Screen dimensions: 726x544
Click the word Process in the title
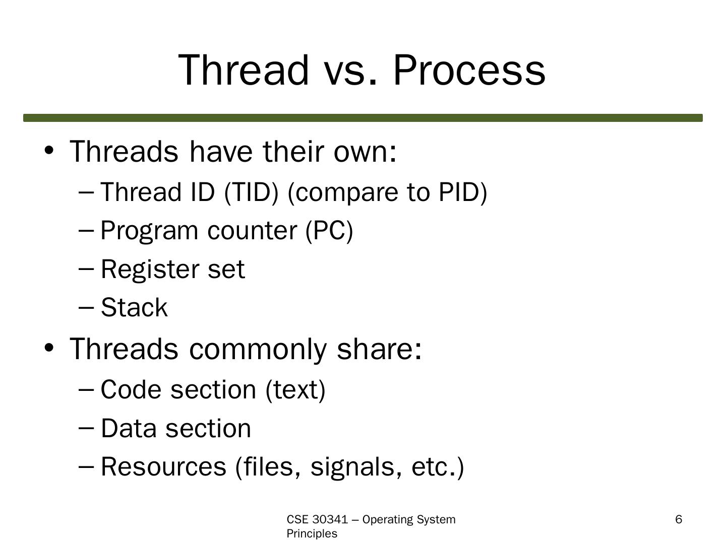(469, 70)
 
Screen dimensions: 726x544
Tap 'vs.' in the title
(350, 75)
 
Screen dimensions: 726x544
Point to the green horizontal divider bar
(363, 118)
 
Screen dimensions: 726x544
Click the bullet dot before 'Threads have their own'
(48, 151)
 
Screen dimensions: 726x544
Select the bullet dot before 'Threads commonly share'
(48, 348)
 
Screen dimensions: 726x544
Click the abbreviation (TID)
(251, 192)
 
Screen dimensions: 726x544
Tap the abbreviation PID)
(463, 192)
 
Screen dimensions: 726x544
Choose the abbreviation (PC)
(329, 231)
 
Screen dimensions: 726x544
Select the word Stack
(134, 307)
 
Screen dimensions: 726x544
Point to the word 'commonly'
(258, 350)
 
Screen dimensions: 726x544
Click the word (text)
(295, 390)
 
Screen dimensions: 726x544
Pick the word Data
(129, 428)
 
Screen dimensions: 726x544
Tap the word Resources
(163, 467)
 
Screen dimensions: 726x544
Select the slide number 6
(679, 519)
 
